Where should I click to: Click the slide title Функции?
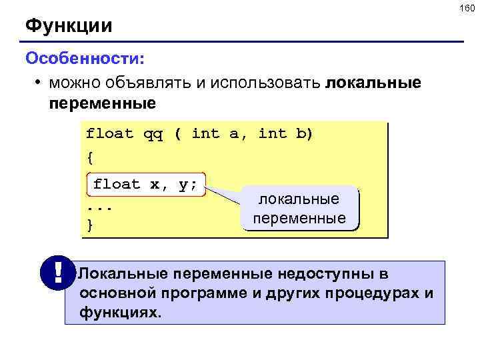69,27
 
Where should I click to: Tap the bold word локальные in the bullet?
373,83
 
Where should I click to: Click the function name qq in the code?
153,134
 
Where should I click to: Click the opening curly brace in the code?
90,159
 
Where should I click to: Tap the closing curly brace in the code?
90,225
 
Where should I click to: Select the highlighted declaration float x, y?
146,184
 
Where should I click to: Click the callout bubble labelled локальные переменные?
299,209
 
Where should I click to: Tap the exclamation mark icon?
57,273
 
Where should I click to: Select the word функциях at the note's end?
120,311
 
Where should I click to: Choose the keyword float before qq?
110,134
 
